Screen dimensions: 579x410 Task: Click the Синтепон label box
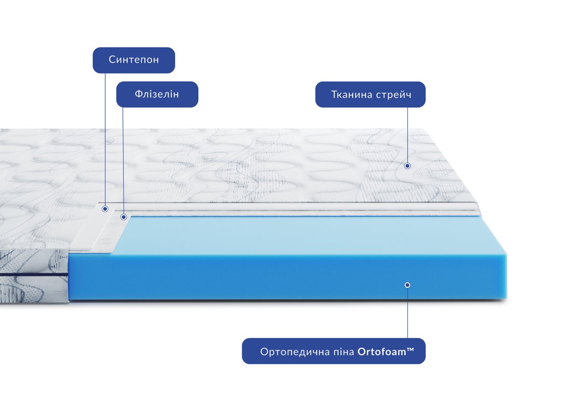[x=134, y=60]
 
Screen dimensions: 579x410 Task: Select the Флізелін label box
[x=157, y=95]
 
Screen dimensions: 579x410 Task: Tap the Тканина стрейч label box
[x=371, y=95]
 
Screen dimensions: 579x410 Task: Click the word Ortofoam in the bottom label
[x=382, y=352]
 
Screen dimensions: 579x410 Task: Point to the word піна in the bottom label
[x=343, y=352]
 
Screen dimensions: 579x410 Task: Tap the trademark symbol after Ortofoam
[x=411, y=350]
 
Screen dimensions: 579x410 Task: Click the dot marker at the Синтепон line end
[x=105, y=209]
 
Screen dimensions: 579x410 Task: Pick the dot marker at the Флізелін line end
[x=124, y=217]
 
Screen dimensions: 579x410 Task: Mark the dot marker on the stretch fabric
[x=407, y=166]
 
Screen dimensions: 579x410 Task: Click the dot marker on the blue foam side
[x=407, y=285]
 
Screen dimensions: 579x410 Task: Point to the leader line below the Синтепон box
[x=105, y=140]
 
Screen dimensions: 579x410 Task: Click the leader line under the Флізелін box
[x=123, y=161]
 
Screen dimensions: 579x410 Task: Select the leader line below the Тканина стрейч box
[x=408, y=135]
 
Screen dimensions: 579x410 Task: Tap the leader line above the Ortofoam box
[x=408, y=313]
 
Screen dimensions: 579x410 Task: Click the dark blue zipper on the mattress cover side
[x=34, y=274]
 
